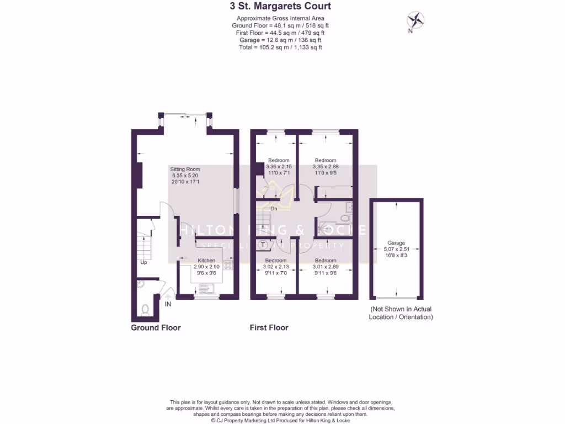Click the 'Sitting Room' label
pos(185,169)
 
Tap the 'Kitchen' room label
pos(206,260)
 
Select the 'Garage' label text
pos(396,243)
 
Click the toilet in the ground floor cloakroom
pos(146,310)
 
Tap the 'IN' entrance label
pos(168,304)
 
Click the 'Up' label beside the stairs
pos(143,262)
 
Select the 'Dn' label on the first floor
pos(274,209)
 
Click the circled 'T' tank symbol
pos(264,245)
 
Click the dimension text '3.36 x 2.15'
pos(278,167)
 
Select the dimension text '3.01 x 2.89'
pos(326,267)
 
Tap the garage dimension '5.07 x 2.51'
pos(396,249)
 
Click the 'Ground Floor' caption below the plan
pos(156,327)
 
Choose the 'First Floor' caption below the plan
pos(269,327)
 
